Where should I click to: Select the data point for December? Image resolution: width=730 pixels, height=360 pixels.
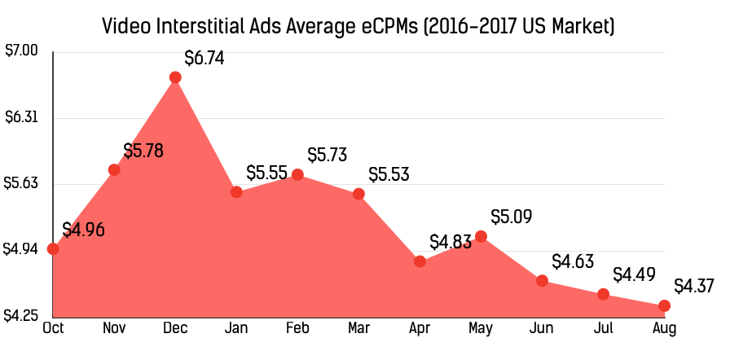coord(175,77)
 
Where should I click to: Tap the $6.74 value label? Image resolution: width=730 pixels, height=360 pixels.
coord(204,59)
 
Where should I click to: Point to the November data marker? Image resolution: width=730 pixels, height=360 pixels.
coord(114,169)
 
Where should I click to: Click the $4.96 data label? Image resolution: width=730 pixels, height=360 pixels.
coord(83,230)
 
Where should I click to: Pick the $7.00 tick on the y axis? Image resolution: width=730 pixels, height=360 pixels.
coord(22,51)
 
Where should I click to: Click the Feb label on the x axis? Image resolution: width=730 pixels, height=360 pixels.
coord(297,329)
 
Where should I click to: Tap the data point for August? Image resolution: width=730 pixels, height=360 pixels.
coord(664,305)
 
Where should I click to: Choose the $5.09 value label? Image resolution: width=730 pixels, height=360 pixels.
coord(511,217)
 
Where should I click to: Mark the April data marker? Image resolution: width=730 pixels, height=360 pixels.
coord(420,261)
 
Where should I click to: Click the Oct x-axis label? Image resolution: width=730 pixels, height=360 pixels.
coord(53,329)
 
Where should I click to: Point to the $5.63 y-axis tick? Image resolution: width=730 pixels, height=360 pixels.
coord(22,184)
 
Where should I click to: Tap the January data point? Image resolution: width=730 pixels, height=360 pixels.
coord(236,192)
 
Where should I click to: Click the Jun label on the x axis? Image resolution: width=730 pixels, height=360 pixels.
coord(542,329)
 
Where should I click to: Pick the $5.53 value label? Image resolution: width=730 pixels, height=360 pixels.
coord(389,175)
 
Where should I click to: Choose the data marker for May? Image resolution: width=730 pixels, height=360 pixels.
coord(481,236)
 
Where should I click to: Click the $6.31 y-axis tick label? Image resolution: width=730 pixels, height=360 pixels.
coord(22,118)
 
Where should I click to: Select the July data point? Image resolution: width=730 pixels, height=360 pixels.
coord(603,294)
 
